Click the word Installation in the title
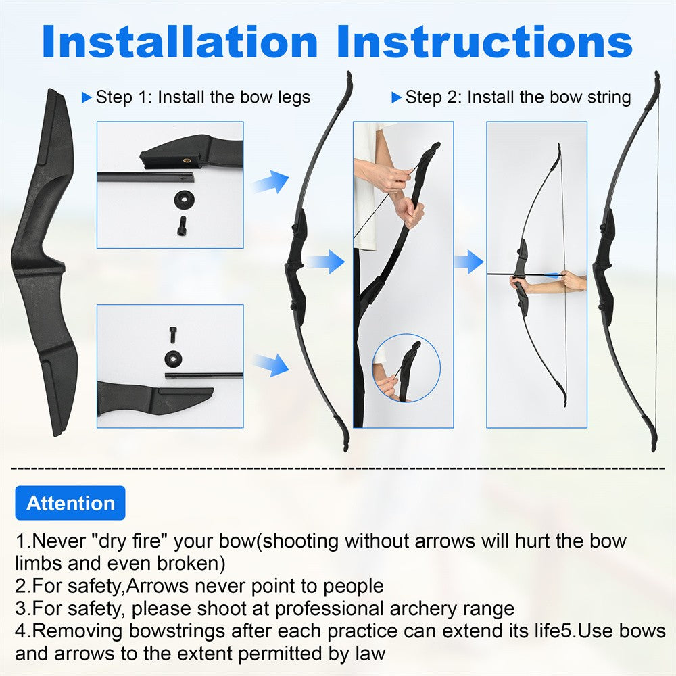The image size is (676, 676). click(180, 41)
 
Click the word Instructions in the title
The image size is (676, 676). click(485, 41)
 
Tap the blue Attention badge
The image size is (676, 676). click(70, 503)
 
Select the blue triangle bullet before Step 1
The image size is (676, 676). click(87, 97)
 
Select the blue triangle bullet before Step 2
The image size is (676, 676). click(396, 97)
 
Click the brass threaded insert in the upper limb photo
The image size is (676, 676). click(187, 160)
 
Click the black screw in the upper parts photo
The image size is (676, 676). click(183, 226)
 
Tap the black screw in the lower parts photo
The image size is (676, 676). click(172, 335)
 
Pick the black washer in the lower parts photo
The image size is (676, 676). click(173, 358)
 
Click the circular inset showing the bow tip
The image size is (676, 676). click(406, 368)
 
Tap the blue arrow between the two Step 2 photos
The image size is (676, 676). click(469, 262)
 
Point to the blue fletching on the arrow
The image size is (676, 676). click(553, 276)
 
